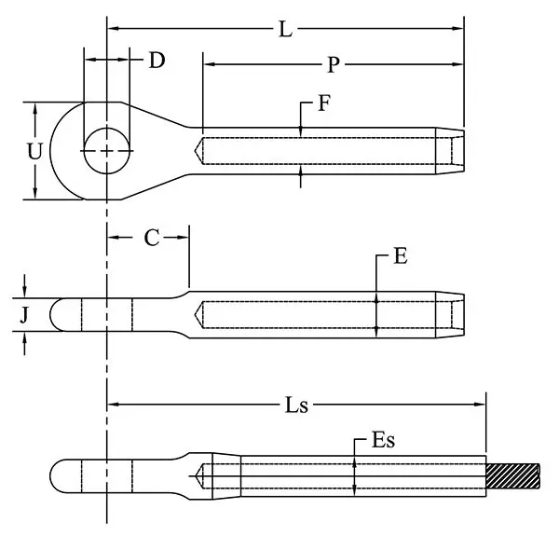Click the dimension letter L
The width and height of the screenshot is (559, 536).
[x=287, y=29]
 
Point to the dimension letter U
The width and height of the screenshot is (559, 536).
[x=34, y=151]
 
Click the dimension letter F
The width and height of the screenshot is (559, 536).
[x=322, y=103]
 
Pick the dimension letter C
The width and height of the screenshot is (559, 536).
[x=152, y=238]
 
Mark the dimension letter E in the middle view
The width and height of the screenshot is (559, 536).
[x=401, y=257]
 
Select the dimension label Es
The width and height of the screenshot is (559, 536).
[x=384, y=441]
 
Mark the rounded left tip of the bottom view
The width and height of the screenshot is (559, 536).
[x=54, y=474]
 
